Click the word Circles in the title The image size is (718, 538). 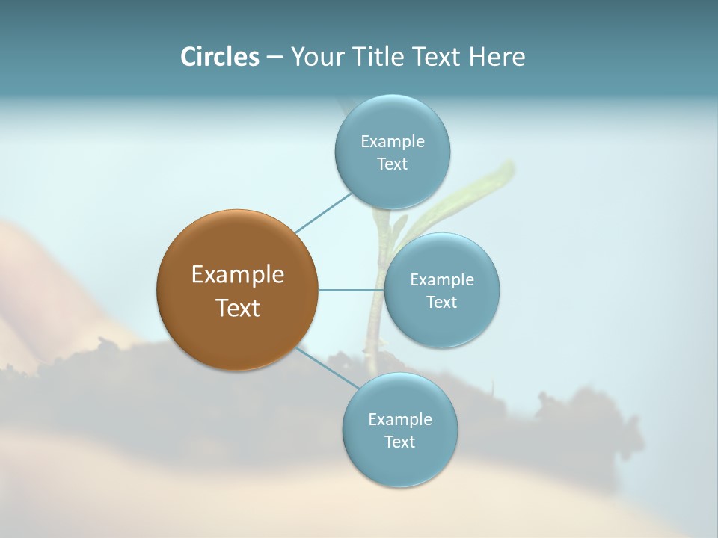point(220,57)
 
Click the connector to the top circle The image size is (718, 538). point(322,213)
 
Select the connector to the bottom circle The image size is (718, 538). point(326,368)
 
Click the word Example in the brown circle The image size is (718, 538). point(237,275)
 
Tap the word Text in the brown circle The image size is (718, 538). point(237,308)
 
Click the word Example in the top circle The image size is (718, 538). point(392,142)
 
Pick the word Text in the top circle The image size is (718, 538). point(392,164)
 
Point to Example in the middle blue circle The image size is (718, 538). point(441,280)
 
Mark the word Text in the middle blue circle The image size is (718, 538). point(441,303)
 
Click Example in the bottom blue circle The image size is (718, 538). point(399,420)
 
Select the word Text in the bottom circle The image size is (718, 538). point(399,442)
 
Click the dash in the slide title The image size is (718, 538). point(274,57)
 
